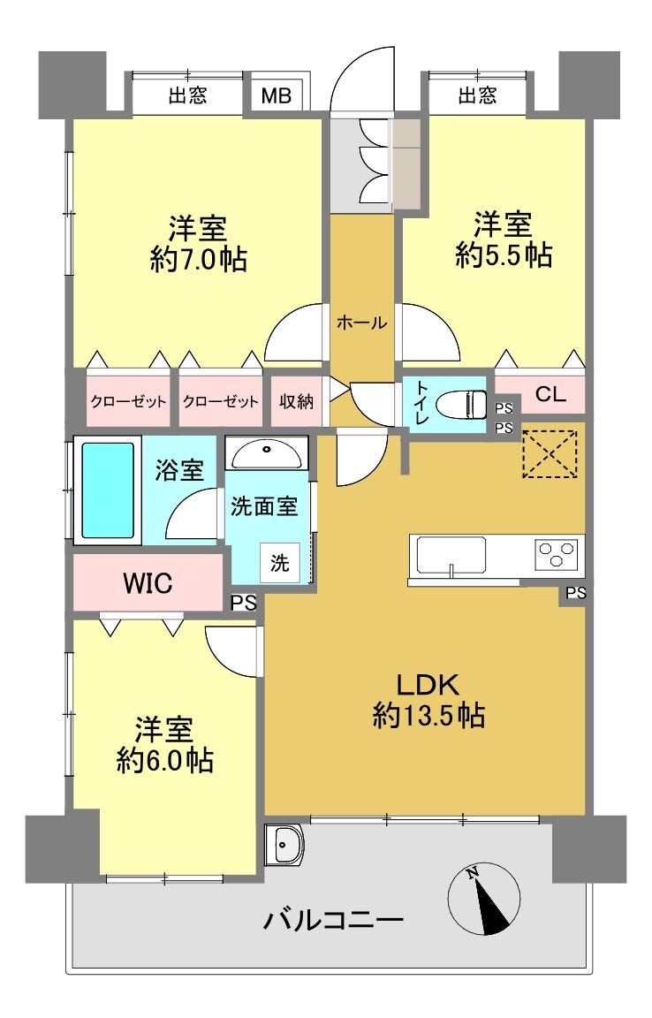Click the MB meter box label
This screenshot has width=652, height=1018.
click(276, 96)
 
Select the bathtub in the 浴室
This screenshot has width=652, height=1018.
click(108, 490)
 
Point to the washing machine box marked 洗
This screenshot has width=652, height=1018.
click(280, 562)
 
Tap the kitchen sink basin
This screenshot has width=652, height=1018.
click(451, 556)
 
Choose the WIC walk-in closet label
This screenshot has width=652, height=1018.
click(148, 583)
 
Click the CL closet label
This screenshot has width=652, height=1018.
click(550, 394)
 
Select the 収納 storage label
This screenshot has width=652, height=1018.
click(296, 401)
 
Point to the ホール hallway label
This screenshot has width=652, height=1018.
click(361, 322)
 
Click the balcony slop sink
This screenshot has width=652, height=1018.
click(284, 845)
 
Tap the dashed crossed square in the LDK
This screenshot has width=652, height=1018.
click(550, 453)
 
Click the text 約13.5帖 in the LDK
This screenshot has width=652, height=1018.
click(428, 716)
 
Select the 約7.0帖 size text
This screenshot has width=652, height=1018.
click(198, 260)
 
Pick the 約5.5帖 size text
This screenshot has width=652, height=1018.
click(504, 255)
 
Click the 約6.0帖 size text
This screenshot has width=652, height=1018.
click(164, 760)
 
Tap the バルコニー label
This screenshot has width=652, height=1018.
click(334, 919)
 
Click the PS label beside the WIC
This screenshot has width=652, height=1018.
click(244, 604)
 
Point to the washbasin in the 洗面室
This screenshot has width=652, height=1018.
click(266, 454)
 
